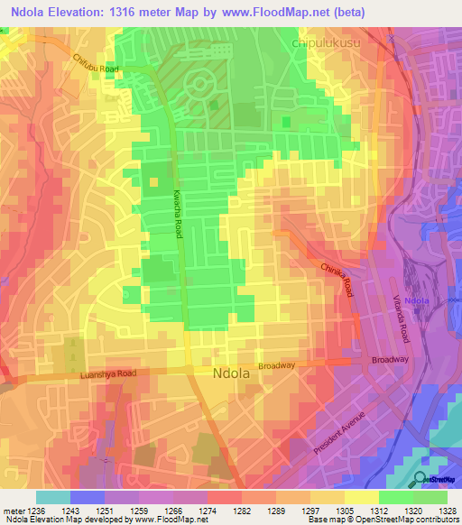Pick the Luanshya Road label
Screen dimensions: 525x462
click(107, 373)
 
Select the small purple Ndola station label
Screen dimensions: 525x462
click(416, 300)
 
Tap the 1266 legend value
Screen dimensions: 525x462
click(173, 511)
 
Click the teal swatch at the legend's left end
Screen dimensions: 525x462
click(52, 497)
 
